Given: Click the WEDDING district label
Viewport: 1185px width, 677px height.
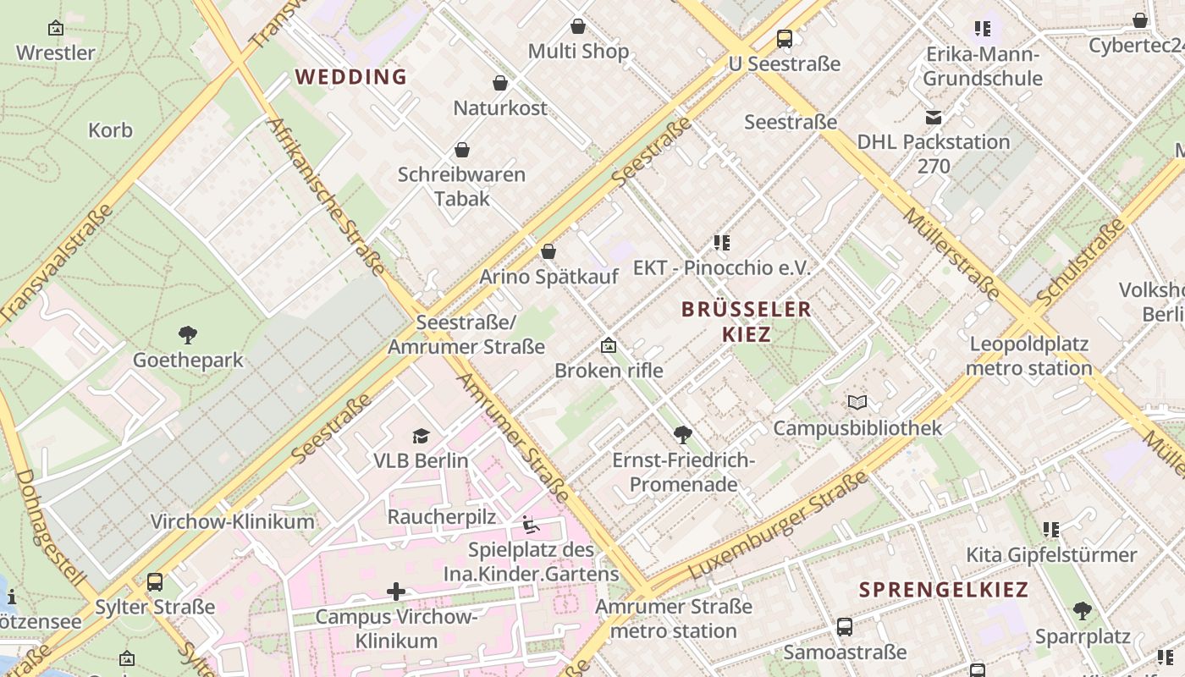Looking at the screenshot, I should (351, 77).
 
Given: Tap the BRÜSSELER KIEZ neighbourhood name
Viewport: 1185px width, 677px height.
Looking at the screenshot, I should (746, 322).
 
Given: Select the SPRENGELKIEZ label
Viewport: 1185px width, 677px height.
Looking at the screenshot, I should (944, 590).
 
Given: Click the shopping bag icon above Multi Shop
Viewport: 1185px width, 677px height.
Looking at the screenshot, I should (578, 26).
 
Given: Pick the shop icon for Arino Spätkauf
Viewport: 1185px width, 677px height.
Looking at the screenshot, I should (548, 251).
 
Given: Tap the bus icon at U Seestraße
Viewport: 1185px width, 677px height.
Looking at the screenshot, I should (785, 38).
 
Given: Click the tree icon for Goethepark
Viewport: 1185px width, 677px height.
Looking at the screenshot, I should (188, 335).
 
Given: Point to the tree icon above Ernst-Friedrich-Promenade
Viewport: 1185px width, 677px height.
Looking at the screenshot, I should (683, 435).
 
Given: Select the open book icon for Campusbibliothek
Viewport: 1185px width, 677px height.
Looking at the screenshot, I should (857, 403).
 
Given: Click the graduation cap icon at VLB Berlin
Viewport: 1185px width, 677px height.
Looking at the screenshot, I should (421, 436).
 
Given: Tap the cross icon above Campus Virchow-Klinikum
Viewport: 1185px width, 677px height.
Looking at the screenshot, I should (396, 591).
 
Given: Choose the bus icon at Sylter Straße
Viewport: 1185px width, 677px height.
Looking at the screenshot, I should (155, 582).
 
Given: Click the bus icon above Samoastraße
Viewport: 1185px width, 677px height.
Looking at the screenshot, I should (844, 627).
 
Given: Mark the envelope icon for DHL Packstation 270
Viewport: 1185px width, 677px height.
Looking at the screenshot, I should (934, 118).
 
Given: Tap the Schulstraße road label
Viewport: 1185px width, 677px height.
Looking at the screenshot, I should (1081, 263).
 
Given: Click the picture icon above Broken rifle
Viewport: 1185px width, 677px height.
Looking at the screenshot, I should (609, 345).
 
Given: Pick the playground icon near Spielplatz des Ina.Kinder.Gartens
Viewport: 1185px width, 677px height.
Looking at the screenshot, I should (531, 526).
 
